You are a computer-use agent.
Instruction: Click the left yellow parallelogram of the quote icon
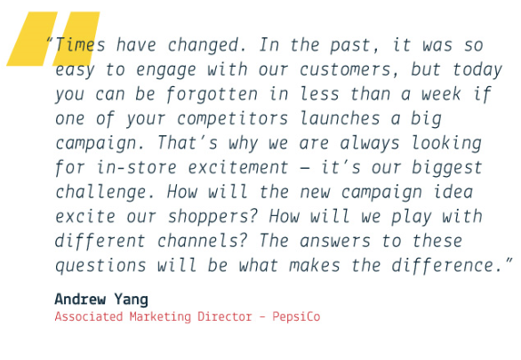[32, 38]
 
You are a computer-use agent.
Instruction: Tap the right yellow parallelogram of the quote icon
[76, 38]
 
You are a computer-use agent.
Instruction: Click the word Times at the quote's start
[80, 45]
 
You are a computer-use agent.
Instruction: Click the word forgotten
[212, 94]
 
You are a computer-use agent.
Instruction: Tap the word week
[441, 94]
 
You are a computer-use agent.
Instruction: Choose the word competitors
[232, 119]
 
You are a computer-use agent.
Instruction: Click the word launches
[340, 118]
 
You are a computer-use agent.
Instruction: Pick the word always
[370, 143]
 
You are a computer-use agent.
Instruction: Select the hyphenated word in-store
[136, 168]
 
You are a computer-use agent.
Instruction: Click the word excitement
[238, 168]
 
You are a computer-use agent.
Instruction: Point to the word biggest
[447, 168]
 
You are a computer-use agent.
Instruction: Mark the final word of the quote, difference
[446, 266]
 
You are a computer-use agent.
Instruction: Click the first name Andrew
[80, 299]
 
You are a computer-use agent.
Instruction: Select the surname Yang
[132, 300]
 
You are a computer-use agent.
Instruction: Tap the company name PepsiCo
[296, 316]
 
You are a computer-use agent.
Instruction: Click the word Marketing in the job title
[160, 316]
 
